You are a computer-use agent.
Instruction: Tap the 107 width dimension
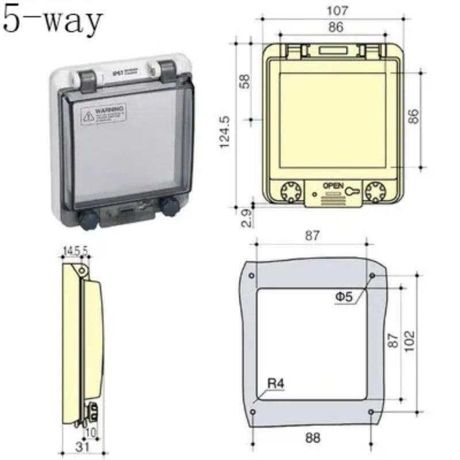337,10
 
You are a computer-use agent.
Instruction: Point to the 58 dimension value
244,80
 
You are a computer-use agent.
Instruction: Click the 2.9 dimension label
244,218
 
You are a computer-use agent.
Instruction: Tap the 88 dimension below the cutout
312,438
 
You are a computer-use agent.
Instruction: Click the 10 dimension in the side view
90,431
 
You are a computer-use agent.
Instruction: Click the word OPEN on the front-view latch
333,186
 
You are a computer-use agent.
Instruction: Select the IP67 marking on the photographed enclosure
117,74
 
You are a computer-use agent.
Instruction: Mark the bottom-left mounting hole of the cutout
253,412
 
